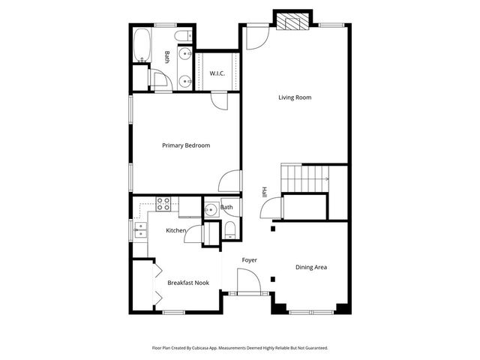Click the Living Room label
click(x=295, y=97)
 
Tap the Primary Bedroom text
click(x=186, y=145)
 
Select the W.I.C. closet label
click(x=217, y=73)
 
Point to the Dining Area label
click(x=310, y=267)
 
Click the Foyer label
click(x=249, y=260)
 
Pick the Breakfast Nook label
click(x=188, y=283)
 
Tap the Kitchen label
click(x=176, y=230)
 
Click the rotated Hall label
click(x=264, y=192)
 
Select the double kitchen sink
click(x=139, y=229)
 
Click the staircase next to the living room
click(x=304, y=178)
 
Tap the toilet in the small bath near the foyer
click(x=229, y=230)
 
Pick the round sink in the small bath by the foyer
click(x=211, y=209)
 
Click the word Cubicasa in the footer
click(x=199, y=349)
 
